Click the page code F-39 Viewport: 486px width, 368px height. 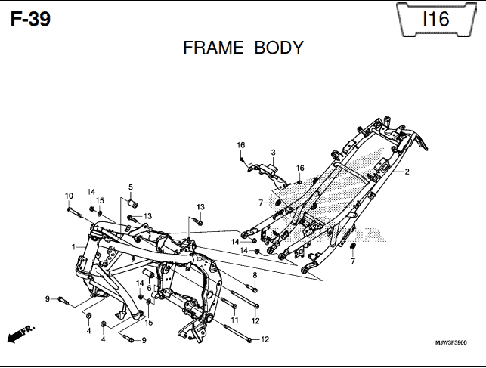pos(30,19)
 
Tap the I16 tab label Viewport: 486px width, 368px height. pos(436,19)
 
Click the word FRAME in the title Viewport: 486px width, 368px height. pos(213,48)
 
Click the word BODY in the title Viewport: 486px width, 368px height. pos(279,48)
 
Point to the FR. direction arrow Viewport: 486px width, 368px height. pos(20,334)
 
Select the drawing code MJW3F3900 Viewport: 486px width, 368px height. pos(451,342)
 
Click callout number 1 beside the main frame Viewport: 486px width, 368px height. pos(73,247)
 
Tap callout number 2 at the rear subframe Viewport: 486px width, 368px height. pos(407,172)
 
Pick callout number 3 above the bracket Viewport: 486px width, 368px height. pos(273,153)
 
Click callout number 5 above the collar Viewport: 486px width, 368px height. pos(131,187)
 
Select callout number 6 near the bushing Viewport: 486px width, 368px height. pos(149,288)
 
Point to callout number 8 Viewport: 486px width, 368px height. pos(255,275)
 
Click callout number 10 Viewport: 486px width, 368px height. pos(69,196)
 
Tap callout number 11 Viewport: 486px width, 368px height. pos(234,320)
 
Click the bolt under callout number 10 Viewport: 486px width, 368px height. pos(75,212)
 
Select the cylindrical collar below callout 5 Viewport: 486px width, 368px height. pos(133,204)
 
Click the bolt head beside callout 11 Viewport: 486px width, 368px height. pos(234,306)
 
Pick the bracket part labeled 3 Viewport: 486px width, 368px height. pos(268,175)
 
